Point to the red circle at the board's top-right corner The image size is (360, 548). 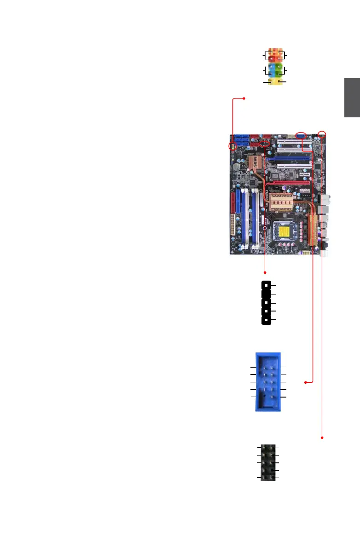pos(322,134)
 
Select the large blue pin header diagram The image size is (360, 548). pos(268,381)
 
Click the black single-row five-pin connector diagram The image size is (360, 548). pos(266,303)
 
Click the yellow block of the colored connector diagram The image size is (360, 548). pos(275,82)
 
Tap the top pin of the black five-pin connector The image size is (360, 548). pos(266,286)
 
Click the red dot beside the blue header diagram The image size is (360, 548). pos(305,382)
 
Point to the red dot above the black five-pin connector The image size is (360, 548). pos(265,272)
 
